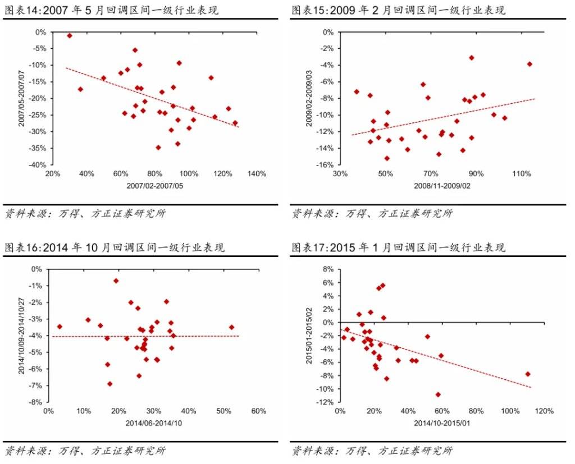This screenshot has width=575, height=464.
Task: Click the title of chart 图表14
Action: coord(112,11)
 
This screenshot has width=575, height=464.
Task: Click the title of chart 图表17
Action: coord(399,247)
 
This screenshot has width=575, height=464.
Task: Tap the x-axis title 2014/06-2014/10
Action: coord(153,423)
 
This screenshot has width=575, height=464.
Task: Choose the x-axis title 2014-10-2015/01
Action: coord(441,423)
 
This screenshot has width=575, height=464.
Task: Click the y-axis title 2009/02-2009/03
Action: coord(309,98)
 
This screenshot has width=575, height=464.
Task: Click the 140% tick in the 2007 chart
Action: coord(257,174)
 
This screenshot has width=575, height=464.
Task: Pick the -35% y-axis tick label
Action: coord(38,149)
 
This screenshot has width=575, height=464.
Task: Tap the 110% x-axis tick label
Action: coord(522,174)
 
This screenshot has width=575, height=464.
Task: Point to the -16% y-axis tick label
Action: coord(325,165)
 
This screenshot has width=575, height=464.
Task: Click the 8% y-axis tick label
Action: coord(327,269)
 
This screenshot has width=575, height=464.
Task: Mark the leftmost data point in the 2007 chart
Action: coord(70,35)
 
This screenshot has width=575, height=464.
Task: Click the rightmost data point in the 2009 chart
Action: coord(530,64)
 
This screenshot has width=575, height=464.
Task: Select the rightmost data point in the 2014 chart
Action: coord(231,327)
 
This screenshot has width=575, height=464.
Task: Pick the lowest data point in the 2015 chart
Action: coord(438,394)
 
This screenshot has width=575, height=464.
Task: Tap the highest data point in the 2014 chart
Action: coord(116,281)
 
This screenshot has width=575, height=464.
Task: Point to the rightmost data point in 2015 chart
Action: coord(528,374)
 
